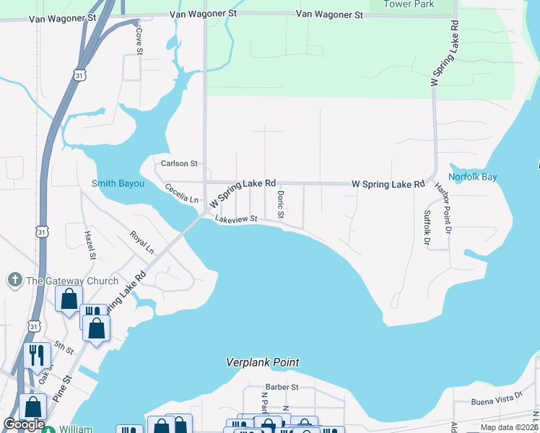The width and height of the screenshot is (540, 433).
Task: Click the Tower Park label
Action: click(409, 4)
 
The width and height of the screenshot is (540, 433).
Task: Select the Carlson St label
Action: click(180, 164)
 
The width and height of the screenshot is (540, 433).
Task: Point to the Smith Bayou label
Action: click(118, 183)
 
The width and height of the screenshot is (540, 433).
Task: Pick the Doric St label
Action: click(280, 205)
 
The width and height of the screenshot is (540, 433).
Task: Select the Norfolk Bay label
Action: click(472, 177)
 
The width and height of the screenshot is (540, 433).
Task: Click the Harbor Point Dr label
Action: click(442, 209)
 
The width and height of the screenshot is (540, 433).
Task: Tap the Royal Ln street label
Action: click(142, 242)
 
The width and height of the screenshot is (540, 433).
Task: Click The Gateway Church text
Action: click(72, 281)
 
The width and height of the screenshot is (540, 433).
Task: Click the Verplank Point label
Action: click(262, 362)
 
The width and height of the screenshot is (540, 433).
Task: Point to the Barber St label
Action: click(282, 387)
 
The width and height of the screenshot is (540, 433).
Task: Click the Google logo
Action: click(24, 424)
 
